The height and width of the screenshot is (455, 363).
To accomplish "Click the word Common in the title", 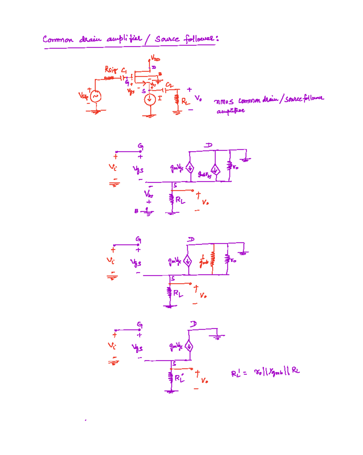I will coord(58,39).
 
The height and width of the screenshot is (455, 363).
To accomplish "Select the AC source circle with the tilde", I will coord(96,97).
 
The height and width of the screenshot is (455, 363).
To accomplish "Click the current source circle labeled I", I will coord(149,99).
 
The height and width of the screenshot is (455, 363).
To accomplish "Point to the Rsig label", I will coord(111,70).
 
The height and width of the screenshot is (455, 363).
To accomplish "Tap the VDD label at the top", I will coord(155,58).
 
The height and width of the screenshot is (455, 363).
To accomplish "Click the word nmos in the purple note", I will coord(224,101).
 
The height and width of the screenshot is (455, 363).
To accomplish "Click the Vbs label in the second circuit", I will coord(149,194).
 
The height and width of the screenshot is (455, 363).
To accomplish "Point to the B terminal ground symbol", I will coord(148,212).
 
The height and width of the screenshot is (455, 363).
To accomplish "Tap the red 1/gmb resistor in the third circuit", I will coord(213,260).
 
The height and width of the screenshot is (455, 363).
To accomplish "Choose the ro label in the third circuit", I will coord(233,260).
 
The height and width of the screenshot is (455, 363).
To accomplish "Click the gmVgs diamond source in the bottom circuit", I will coord(189,346).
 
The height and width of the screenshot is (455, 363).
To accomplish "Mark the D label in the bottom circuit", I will coord(193,324).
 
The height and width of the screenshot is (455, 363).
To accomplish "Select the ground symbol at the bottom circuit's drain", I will coord(217,336).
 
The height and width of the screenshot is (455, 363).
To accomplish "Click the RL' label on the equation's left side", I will coord(236,373).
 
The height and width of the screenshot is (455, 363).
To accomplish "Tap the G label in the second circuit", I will coord(140,146).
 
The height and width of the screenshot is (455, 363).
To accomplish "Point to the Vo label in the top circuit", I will coord(198,98).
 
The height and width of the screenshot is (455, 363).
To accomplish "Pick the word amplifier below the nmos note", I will coord(231,111).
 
